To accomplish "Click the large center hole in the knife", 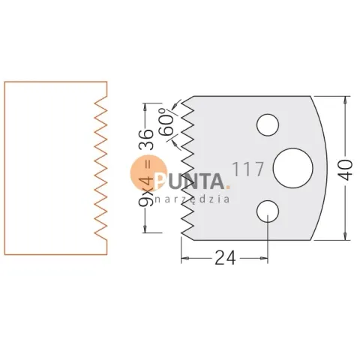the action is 292,168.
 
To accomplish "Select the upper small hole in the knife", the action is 268,125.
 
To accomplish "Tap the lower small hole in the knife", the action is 268,211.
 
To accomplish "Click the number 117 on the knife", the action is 247,169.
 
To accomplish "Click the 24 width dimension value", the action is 225,258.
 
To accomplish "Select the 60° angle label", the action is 167,121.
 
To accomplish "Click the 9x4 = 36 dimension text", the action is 145,167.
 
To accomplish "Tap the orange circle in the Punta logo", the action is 148,172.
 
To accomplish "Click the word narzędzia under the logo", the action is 192,199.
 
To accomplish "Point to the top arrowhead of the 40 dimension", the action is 345,99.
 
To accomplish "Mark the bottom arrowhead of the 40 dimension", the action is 345,237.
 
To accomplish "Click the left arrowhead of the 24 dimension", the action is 184,258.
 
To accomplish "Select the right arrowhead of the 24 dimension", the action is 264,258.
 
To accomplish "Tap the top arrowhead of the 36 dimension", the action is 145,106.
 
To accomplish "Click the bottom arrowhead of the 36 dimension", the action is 145,229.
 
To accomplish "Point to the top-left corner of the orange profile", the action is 4,82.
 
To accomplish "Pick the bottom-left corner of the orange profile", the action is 4,255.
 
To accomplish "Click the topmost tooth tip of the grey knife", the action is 181,103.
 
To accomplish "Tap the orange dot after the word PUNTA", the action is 227,187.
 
